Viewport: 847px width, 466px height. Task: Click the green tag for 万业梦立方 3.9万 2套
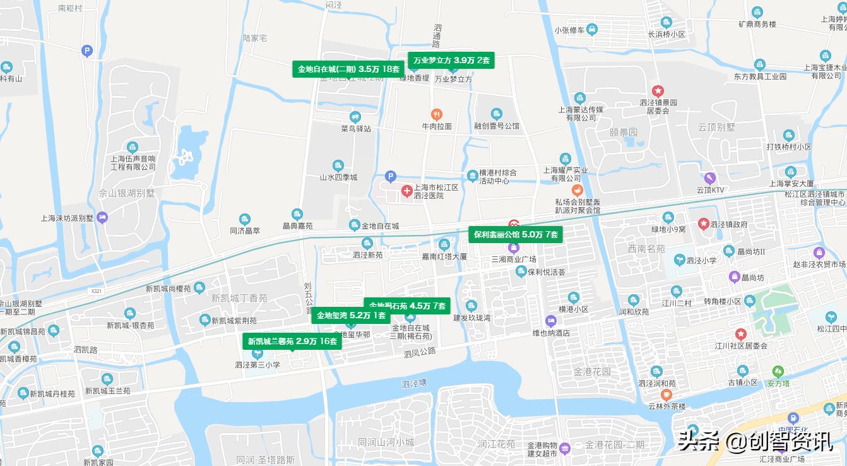(x=451, y=61)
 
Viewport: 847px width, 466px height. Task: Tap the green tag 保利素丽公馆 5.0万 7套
(x=516, y=234)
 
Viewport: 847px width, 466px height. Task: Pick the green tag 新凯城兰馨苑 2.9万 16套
(x=292, y=342)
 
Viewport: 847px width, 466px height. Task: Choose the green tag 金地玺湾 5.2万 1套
(x=350, y=316)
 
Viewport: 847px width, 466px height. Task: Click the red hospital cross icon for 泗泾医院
(x=407, y=191)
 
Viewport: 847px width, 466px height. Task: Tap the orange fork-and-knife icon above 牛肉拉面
(x=436, y=114)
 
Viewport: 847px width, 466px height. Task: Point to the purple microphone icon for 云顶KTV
(x=709, y=177)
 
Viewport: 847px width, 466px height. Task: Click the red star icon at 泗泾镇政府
(x=703, y=224)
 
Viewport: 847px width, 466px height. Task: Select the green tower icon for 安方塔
(x=778, y=371)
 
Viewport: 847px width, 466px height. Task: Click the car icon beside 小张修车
(x=592, y=30)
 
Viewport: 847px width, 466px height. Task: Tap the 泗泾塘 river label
(x=414, y=383)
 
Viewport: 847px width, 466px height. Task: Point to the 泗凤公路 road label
(x=420, y=352)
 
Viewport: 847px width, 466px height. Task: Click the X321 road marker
(x=96, y=291)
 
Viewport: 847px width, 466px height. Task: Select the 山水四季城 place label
(x=338, y=177)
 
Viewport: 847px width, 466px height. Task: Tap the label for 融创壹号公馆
(x=497, y=126)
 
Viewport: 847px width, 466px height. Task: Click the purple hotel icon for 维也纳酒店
(x=550, y=321)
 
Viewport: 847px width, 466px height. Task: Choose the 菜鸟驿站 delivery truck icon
(x=355, y=117)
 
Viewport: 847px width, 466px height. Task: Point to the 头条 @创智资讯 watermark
(x=755, y=441)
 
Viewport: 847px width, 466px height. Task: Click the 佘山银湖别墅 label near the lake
(x=127, y=193)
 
